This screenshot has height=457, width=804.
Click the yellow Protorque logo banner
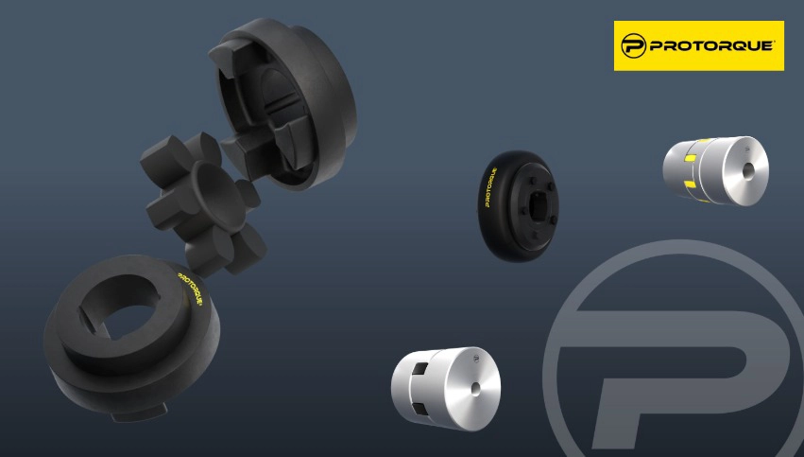pyautogui.click(x=698, y=45)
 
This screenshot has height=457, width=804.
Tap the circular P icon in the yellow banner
pyautogui.click(x=633, y=45)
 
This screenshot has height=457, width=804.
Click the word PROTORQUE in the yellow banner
pyautogui.click(x=711, y=45)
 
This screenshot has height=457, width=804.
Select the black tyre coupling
pyautogui.click(x=518, y=205)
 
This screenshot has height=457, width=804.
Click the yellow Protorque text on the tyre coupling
pyautogui.click(x=490, y=187)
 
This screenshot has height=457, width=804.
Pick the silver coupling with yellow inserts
pyautogui.click(x=716, y=170)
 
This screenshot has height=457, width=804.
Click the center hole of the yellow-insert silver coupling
pyautogui.click(x=748, y=171)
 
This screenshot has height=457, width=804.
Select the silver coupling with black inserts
pyautogui.click(x=446, y=388)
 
